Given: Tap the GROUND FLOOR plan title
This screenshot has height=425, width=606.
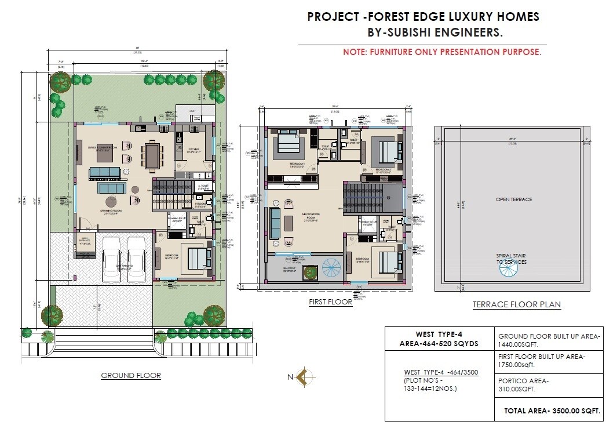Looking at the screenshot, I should (131, 376).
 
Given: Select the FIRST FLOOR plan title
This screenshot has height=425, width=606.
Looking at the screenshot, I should (330, 302).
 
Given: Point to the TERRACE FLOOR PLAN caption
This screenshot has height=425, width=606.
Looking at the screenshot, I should (517, 304).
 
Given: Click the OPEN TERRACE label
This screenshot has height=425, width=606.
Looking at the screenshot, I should (513, 199).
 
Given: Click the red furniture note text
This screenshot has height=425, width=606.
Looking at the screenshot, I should (442, 52).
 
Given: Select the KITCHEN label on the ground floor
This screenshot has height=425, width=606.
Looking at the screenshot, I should (194, 150).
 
